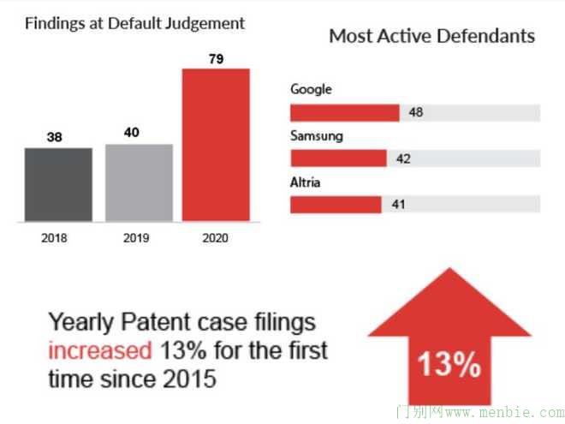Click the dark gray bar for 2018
point(58,184)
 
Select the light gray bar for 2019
point(139,182)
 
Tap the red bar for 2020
point(216,145)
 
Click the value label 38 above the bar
point(54,136)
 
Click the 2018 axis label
point(54,238)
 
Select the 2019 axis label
point(135,238)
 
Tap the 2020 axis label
point(217,238)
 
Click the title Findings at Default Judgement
point(134,23)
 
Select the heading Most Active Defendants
point(432,36)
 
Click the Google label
point(311,89)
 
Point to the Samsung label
point(317,135)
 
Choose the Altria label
point(306,182)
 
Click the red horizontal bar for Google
point(345,113)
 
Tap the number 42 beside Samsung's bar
point(403,158)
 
